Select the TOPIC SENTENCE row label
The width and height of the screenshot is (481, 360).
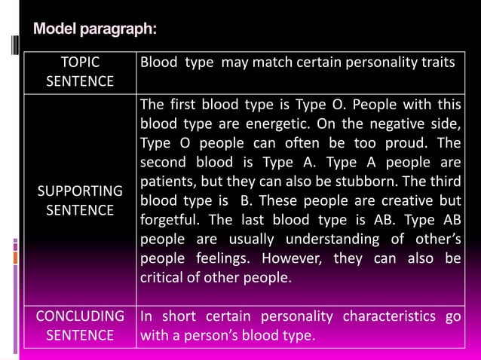pos(80,72)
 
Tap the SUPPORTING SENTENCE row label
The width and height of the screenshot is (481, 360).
pos(80,200)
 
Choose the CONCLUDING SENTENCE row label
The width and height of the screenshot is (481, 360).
pos(80,325)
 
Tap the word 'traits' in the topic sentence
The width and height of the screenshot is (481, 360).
pos(438,62)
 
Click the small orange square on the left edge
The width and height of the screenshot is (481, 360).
pos(14,258)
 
